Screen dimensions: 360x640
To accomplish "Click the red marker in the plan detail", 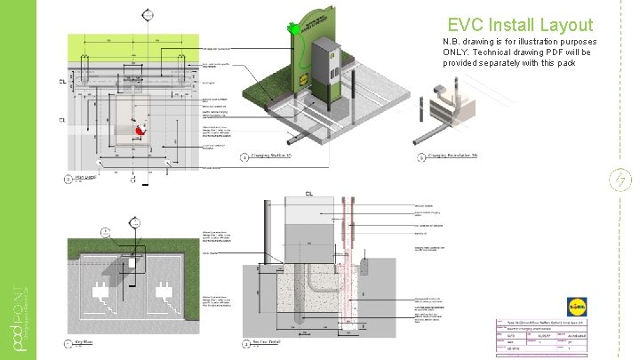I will click(x=139, y=132).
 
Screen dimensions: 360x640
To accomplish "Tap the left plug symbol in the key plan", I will click(x=100, y=291).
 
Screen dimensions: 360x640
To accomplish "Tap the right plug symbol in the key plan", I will click(x=163, y=291).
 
